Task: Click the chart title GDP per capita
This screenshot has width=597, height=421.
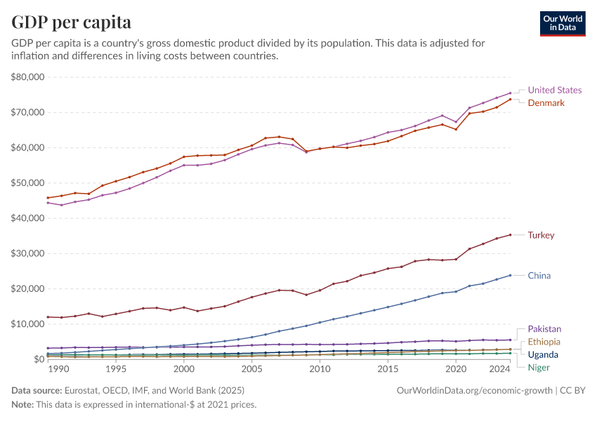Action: tap(72, 22)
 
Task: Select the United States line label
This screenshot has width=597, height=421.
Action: tap(554, 90)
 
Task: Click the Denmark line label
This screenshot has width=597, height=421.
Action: tap(546, 102)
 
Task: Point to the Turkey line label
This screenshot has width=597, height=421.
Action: tap(541, 235)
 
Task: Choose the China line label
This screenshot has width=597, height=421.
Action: tap(539, 276)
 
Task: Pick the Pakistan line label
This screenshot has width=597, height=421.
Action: tap(544, 329)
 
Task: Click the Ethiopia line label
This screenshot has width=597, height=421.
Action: tap(544, 342)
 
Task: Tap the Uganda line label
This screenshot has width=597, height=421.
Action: tap(543, 354)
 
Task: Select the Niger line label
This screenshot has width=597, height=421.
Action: tap(539, 367)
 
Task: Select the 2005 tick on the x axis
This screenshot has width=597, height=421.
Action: tap(251, 369)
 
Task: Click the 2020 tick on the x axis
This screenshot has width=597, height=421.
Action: tap(456, 369)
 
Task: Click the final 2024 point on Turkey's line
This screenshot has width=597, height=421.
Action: tap(510, 235)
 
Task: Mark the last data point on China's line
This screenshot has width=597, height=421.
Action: tap(510, 275)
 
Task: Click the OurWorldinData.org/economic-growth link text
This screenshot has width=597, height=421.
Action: tap(475, 389)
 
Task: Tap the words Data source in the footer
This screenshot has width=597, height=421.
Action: tap(35, 389)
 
